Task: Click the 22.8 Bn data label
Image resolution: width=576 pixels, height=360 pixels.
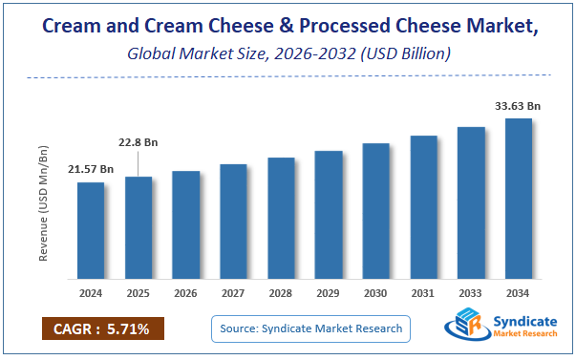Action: tap(139, 142)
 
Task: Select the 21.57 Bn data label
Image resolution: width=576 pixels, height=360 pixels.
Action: tap(91, 169)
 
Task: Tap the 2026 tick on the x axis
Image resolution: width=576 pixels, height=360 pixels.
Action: tap(186, 292)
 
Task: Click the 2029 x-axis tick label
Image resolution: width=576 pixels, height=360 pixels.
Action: tap(329, 292)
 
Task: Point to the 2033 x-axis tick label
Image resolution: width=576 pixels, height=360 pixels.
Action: tap(471, 292)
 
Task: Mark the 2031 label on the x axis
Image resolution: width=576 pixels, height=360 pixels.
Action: tap(423, 292)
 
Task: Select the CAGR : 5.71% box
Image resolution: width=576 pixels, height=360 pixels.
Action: tap(103, 329)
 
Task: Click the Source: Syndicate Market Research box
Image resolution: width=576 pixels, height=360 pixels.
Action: tap(309, 329)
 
